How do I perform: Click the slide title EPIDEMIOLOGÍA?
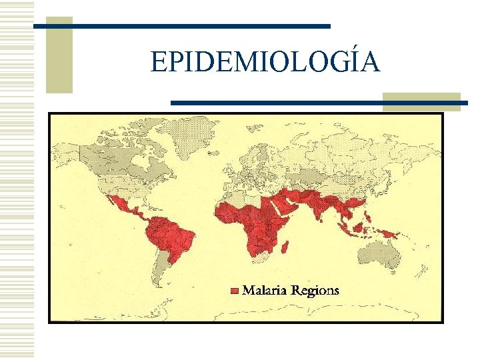point(265,63)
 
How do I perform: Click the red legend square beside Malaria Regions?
point(234,291)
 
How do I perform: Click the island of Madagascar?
point(286,248)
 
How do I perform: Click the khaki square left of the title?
point(59,55)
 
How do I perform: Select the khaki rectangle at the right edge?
point(421,101)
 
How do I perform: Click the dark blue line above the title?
point(181,26)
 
